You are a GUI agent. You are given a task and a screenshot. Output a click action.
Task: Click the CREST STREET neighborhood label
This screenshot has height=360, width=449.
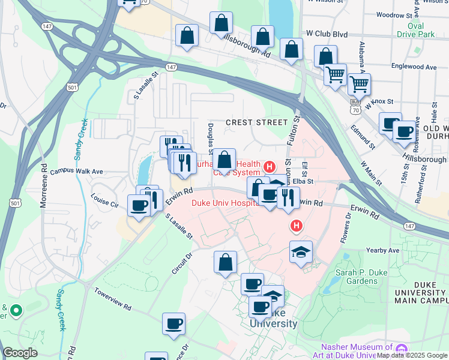point(256,122)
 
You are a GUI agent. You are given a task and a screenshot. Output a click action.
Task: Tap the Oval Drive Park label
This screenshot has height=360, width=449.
point(429,31)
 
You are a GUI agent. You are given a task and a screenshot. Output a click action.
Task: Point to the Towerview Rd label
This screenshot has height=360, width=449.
point(112,298)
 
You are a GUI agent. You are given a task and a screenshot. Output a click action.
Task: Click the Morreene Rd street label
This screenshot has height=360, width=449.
point(43,186)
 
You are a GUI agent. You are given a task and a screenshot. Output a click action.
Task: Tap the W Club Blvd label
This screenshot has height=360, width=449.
point(327,34)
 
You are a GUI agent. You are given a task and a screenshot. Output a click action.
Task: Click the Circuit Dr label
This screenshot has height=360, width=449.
point(181,263)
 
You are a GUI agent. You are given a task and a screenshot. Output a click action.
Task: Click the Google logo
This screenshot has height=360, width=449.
point(20,353)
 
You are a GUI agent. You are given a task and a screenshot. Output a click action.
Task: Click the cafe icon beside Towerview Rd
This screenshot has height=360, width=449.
point(173,323)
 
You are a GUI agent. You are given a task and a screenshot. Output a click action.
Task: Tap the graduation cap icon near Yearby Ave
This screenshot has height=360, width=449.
point(301,251)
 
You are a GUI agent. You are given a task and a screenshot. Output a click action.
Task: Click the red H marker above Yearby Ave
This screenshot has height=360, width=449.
point(295,226)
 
